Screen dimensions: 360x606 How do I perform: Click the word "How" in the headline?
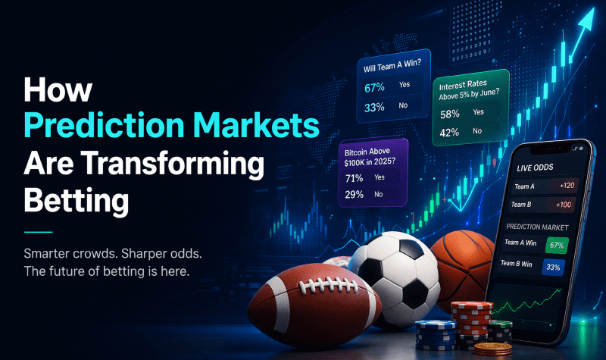click(58, 89)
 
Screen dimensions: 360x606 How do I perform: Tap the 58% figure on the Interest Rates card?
click(450, 113)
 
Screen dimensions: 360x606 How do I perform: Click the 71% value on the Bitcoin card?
click(354, 177)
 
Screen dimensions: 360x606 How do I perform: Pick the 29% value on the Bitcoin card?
click(354, 195)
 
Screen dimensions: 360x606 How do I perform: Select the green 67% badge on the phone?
click(557, 246)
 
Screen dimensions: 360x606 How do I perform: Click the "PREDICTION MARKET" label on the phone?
click(537, 227)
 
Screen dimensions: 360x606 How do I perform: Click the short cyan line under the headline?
click(39, 231)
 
